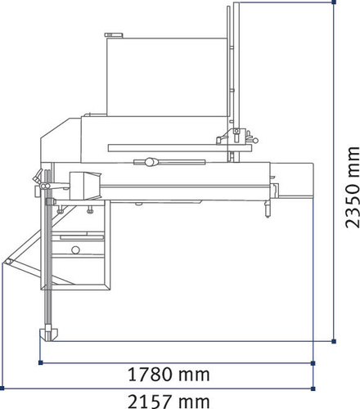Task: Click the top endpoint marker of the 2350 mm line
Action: coord(334,3)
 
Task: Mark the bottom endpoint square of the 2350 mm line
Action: coord(334,339)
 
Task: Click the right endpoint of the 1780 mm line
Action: coord(313,361)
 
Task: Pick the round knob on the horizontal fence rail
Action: coord(150,162)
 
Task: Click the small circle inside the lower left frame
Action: coord(75,272)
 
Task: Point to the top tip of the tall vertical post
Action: coord(234,5)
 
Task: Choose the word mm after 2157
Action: coord(195,400)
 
